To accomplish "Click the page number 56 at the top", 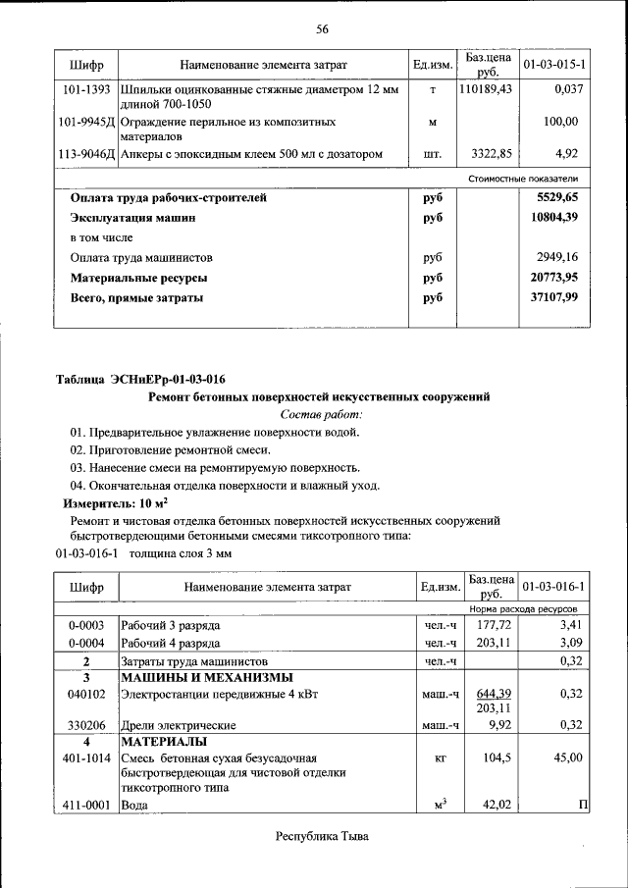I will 322,28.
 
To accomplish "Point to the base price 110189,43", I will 486,89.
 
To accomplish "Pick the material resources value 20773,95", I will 554,278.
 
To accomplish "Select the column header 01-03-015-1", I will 554,65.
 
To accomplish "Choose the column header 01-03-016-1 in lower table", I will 554,587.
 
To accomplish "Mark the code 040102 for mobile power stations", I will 86,693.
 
